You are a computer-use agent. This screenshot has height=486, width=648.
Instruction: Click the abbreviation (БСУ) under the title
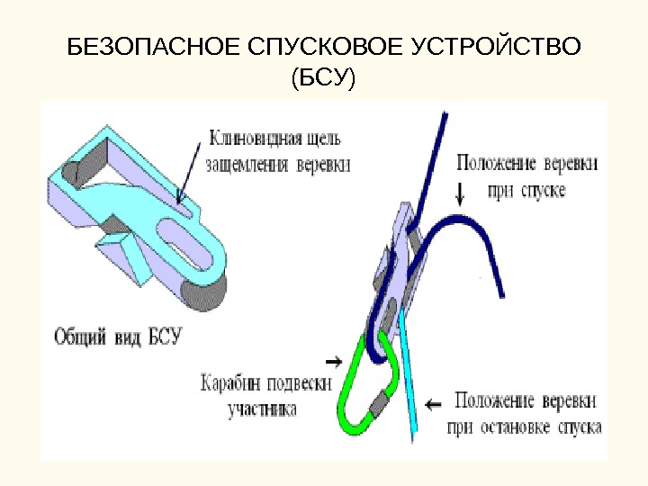tap(323, 80)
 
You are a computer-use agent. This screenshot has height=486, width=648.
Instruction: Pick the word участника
tap(262, 408)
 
